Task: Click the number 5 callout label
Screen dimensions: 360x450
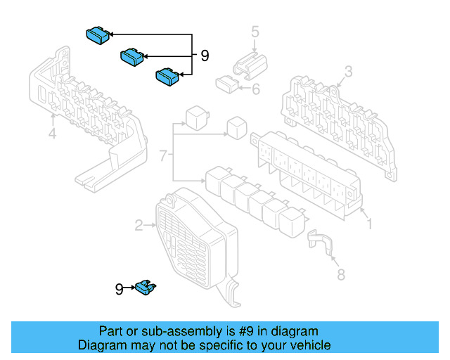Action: [255, 31]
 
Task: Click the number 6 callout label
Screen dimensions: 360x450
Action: [255, 89]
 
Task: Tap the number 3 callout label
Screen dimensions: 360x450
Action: [347, 72]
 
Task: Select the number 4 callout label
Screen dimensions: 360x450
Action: [52, 134]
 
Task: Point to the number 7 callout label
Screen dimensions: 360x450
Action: [163, 155]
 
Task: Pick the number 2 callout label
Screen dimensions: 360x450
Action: [139, 225]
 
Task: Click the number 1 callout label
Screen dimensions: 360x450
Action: [370, 225]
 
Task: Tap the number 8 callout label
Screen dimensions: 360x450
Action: [341, 275]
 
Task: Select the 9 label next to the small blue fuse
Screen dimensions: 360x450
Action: [120, 288]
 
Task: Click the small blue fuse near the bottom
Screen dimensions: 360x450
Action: [148, 286]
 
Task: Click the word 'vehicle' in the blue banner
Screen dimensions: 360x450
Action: [308, 345]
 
